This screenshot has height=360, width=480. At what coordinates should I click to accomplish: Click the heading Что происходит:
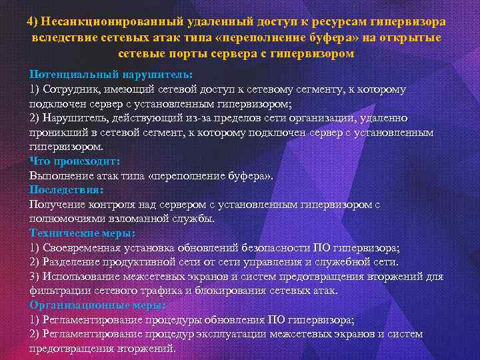tap(75, 161)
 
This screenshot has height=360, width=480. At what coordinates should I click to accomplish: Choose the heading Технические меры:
tap(83, 233)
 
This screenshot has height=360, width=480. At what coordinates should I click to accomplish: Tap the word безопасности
tap(273, 248)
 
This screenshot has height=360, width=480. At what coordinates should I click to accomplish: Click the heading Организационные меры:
tap(97, 305)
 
